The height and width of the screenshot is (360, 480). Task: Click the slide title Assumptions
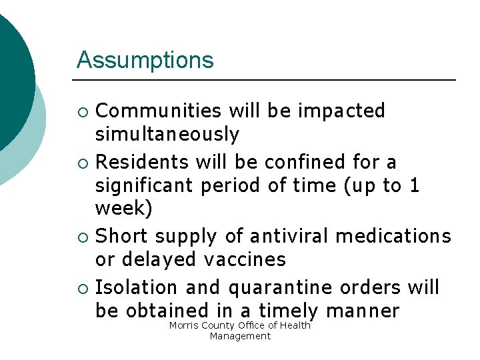pos(145,60)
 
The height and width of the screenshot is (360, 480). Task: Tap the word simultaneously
pos(167,135)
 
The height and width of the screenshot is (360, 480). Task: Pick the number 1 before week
pos(415,185)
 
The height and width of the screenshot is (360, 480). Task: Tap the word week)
pos(124,209)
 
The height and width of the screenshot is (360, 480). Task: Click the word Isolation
pos(137,287)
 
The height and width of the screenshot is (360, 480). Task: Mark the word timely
pos(289,311)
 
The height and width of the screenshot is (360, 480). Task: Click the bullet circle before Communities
pos(83,111)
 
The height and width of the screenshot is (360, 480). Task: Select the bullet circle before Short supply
pos(83,237)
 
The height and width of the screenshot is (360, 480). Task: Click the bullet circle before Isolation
pos(83,288)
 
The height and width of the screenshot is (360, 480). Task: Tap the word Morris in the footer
pos(183,325)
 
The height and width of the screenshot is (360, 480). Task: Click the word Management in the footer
pos(240,336)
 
